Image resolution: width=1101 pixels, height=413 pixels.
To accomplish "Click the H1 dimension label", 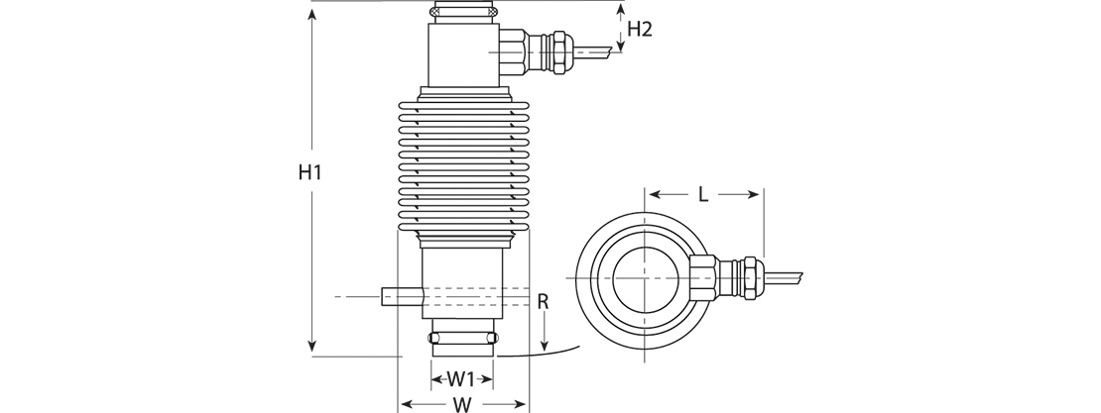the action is coord(309,172).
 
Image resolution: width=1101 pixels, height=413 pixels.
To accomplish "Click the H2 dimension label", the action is coord(640,29).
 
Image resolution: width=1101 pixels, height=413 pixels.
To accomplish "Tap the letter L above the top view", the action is coord(703,195).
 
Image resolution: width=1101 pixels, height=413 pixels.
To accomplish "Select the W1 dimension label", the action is coord(461,379).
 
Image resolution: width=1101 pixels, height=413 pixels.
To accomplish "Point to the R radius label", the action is coord(543,302).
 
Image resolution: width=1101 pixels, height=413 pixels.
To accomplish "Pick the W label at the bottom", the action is coord(462,405).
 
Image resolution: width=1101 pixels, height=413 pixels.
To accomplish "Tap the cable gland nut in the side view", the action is coord(559,52).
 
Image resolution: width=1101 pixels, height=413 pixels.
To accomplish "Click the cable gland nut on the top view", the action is coord(749,278).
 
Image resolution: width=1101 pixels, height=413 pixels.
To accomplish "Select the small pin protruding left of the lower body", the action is coord(403,297).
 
